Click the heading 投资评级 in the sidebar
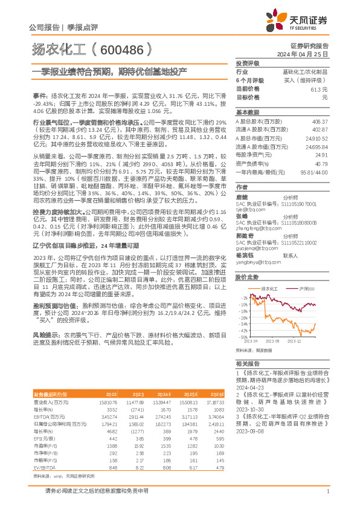[x=247, y=63]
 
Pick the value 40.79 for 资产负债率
[x=321, y=163]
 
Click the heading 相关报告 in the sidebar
[x=247, y=363]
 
